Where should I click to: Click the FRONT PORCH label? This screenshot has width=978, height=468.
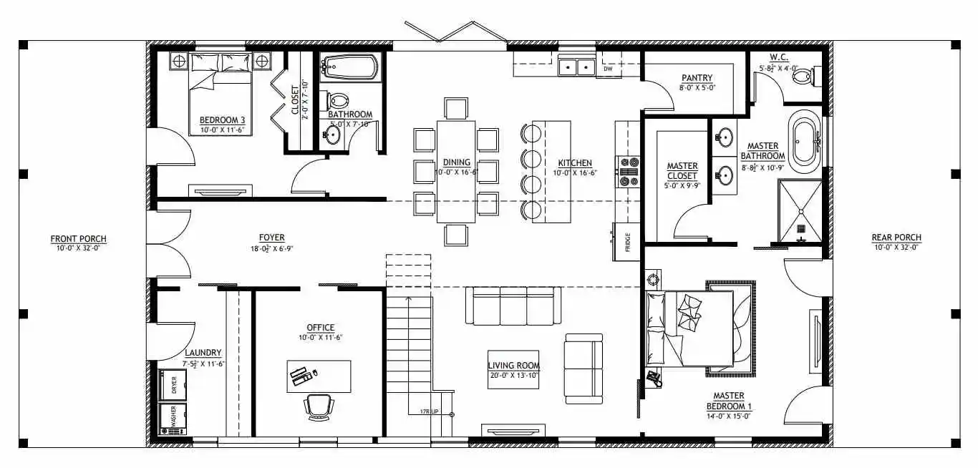click(79, 238)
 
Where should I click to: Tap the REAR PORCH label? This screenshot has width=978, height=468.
click(896, 238)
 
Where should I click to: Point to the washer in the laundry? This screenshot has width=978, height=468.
click(173, 419)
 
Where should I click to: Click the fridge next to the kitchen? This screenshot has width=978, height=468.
click(626, 242)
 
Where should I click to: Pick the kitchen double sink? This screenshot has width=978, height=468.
click(576, 68)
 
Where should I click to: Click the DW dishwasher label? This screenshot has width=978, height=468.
click(607, 69)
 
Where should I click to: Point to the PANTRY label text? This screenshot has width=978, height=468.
click(695, 77)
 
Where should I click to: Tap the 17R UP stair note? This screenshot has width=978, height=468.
click(430, 411)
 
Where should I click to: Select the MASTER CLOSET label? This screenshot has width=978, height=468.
click(682, 170)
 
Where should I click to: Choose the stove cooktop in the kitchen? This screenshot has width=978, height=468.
click(629, 172)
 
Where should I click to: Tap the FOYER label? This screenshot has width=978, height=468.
click(271, 238)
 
